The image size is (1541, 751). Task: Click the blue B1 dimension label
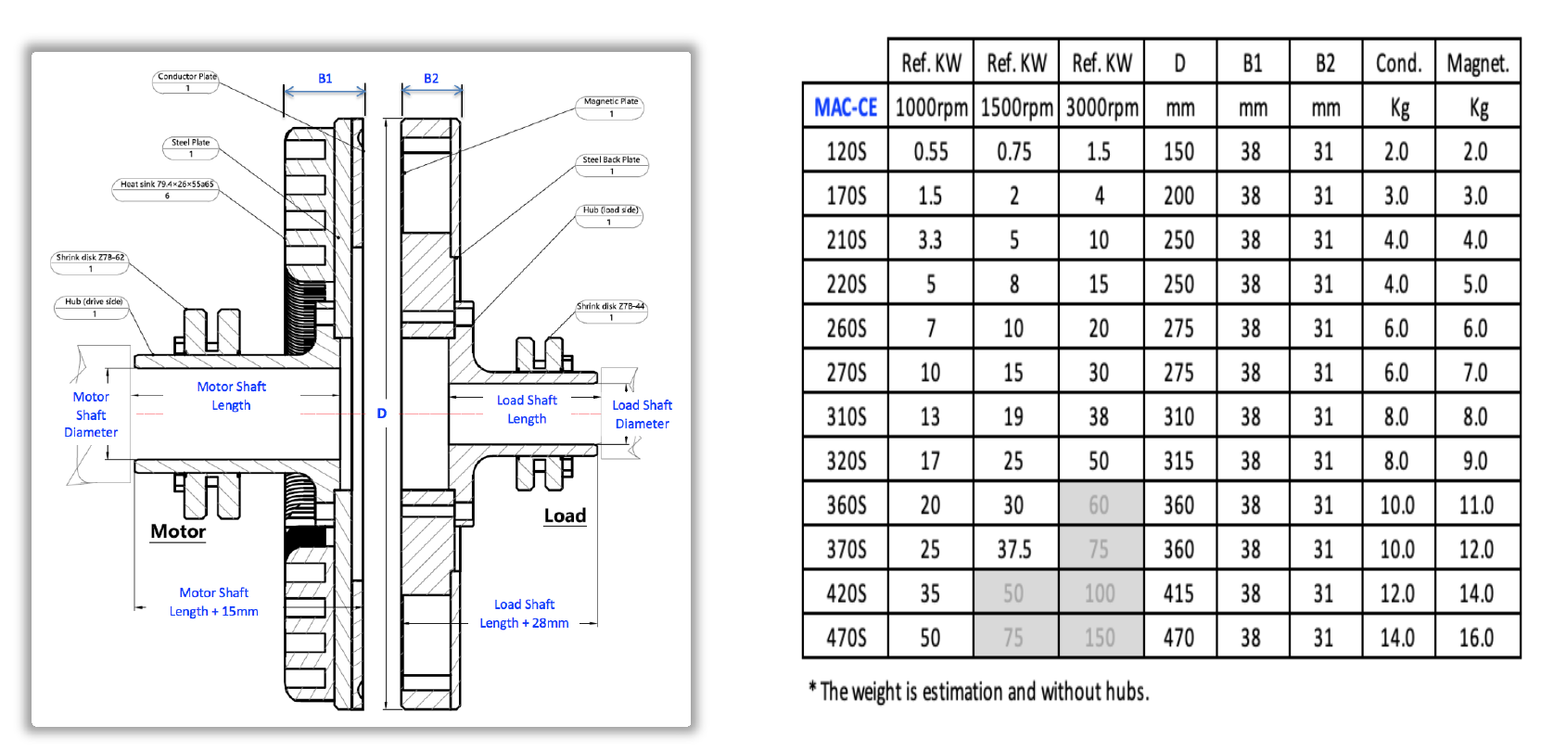pos(325,79)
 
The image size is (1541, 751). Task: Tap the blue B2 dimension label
pos(431,79)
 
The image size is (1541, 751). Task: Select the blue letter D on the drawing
pos(381,414)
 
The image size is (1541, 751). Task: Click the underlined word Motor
pos(178,531)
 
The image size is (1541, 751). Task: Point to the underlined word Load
pos(565,516)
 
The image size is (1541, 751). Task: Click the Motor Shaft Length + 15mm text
pos(214,602)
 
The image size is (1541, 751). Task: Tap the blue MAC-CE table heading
pos(846,108)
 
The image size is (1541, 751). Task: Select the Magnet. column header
pos(1477,63)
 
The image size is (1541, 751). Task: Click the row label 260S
pos(846,328)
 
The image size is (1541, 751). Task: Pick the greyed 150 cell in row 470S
pos(1100,638)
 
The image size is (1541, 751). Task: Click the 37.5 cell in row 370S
pos(1014,550)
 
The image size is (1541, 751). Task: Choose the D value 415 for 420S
pos(1178,593)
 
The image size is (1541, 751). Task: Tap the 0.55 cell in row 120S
pos(931,152)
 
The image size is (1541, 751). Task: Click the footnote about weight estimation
pos(979,692)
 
